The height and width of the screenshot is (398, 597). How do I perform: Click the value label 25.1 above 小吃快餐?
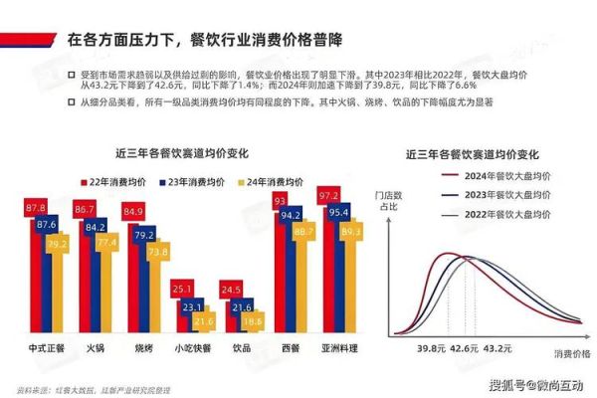(x=180, y=290)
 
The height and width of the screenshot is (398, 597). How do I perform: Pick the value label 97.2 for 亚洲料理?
(x=329, y=196)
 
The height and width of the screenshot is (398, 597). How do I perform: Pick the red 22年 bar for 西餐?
(x=281, y=264)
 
